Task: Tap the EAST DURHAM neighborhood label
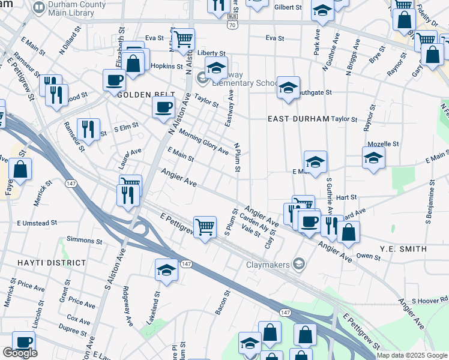[298, 119]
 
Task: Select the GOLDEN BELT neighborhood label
[146, 95]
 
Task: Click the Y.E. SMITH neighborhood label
[403, 248]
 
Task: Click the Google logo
[19, 353]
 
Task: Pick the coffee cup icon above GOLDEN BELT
[114, 79]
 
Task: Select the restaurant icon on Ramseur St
[88, 128]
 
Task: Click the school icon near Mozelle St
[373, 157]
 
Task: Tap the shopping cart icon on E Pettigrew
[205, 227]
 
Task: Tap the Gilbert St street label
[287, 8]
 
